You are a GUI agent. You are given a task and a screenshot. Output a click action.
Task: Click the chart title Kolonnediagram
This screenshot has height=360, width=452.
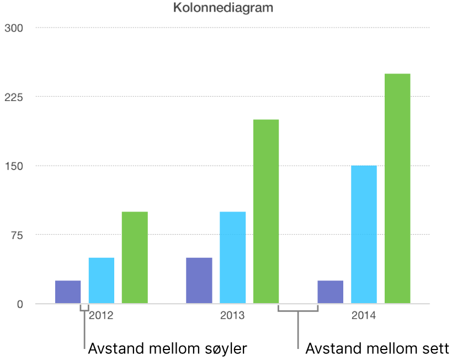(x=224, y=8)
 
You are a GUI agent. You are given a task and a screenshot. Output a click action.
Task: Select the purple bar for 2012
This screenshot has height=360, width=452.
(x=68, y=292)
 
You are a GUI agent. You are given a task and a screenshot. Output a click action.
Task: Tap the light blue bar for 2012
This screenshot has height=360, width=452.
(x=102, y=280)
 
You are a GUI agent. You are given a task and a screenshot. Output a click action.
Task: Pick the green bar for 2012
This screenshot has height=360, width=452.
(x=135, y=257)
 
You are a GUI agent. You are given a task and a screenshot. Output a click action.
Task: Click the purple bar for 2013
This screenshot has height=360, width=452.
(x=199, y=280)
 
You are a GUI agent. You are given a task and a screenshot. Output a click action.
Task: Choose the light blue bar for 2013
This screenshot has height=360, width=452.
(x=233, y=257)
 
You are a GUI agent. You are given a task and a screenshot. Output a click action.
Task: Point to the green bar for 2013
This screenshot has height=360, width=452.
(x=266, y=211)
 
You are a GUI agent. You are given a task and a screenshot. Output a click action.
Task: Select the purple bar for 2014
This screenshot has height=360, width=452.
(x=331, y=292)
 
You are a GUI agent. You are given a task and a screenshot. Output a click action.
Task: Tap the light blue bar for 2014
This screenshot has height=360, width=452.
(x=364, y=235)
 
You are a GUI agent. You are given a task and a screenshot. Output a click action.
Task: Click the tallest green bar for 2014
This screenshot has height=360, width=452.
(x=397, y=188)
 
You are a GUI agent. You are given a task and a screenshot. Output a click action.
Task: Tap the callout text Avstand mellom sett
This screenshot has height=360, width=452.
(x=377, y=348)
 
